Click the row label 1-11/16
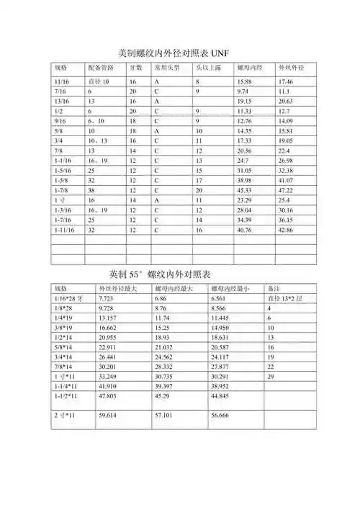[64, 230]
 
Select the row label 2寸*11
[66, 416]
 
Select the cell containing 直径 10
[99, 83]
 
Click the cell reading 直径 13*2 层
[284, 297]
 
